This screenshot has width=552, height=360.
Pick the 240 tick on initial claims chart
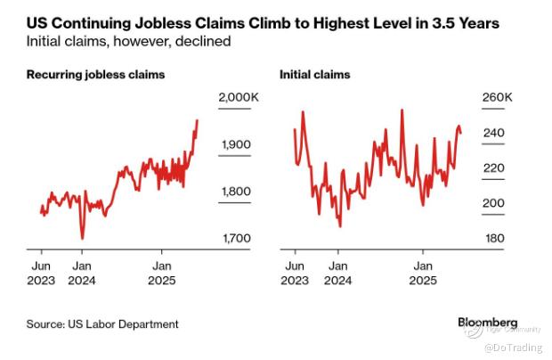(x=494, y=134)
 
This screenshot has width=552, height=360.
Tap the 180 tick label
(x=494, y=238)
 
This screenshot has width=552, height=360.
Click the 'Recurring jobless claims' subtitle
(x=96, y=75)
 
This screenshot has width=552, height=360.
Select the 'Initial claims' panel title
(x=315, y=75)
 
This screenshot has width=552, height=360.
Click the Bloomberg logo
(x=487, y=322)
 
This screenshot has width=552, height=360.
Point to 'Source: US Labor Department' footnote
(x=103, y=324)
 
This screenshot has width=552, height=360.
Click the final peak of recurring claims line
(x=197, y=120)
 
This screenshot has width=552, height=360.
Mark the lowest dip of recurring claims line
(x=83, y=238)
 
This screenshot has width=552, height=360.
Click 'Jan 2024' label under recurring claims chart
(x=81, y=273)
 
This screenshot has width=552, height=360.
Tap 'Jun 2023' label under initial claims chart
(x=295, y=273)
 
